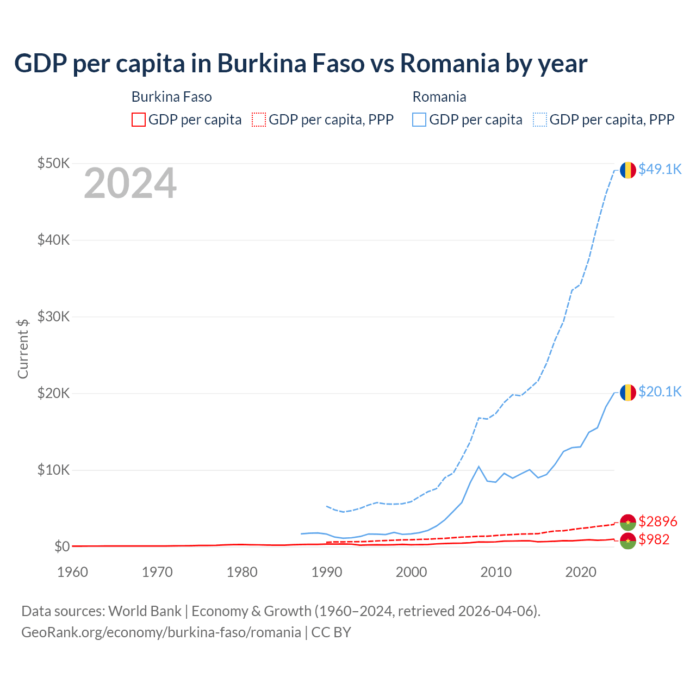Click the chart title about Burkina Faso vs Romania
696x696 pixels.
click(300, 63)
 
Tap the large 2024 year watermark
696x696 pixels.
click(130, 183)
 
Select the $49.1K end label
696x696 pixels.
click(660, 169)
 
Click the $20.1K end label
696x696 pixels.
click(660, 391)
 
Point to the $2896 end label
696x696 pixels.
click(658, 521)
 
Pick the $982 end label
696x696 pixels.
click(654, 539)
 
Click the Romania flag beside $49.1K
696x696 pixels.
click(628, 170)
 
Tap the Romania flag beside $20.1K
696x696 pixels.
click(628, 393)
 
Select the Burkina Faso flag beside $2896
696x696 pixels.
click(628, 522)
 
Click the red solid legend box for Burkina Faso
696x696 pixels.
click(139, 120)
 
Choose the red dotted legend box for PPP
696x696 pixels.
click(259, 120)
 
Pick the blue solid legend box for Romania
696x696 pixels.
click(419, 120)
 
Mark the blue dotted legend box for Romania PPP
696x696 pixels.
click(540, 120)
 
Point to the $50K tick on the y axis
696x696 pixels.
click(53, 163)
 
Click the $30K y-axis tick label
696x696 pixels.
click(53, 316)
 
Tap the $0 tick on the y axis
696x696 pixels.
click(62, 546)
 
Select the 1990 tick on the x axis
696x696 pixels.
click(327, 572)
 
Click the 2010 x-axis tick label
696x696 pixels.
click(496, 572)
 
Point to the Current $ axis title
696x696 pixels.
click(23, 349)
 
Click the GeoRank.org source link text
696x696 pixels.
click(161, 632)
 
